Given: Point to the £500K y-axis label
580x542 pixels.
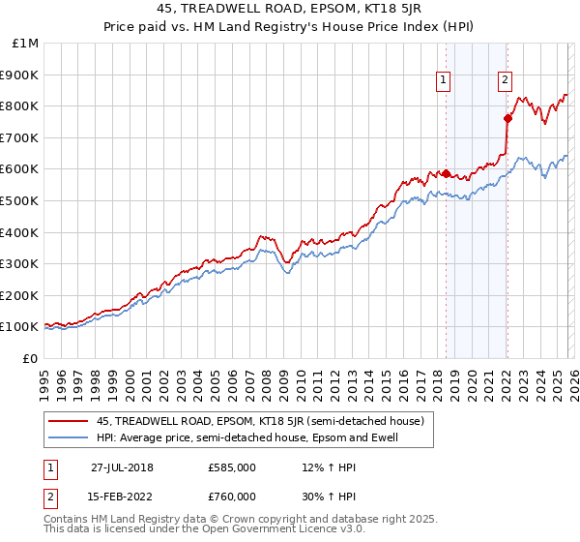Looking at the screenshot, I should [20, 201].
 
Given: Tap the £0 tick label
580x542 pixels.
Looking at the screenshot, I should [30, 358].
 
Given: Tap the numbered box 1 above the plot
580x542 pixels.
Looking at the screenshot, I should [444, 81].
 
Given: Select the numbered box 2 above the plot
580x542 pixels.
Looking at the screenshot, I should [505, 81].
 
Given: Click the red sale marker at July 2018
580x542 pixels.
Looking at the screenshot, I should [446, 174].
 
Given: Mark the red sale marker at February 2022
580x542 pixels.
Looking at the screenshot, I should [507, 119].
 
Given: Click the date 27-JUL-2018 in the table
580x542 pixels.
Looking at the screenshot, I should [122, 467].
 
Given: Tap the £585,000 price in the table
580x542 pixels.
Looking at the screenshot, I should [232, 467].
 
